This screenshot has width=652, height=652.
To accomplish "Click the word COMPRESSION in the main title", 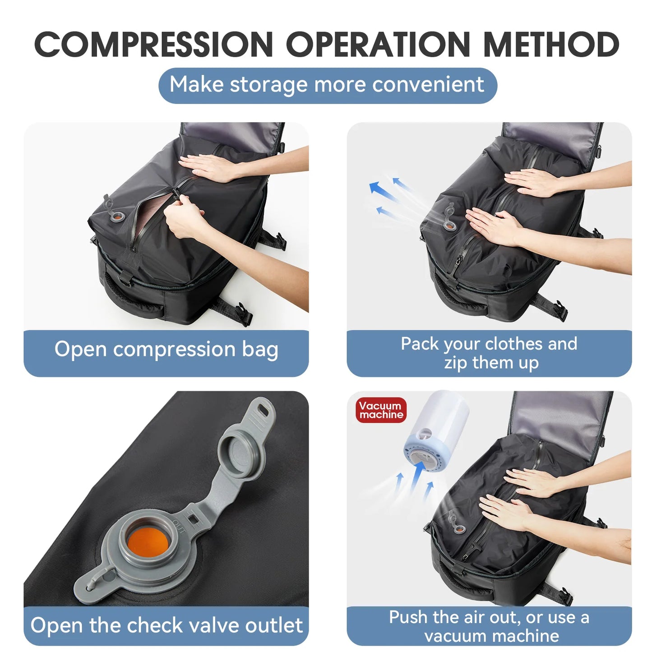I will click(153, 45).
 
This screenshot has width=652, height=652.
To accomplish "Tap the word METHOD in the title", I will click(551, 45).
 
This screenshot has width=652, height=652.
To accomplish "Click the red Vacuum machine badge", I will click(381, 410).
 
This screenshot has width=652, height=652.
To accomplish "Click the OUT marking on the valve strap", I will click(179, 526).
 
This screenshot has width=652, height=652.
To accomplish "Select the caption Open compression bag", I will click(166, 350).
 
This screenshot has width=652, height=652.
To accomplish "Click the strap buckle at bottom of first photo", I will click(244, 314).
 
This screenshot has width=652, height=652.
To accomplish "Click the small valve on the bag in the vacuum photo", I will click(459, 528).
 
